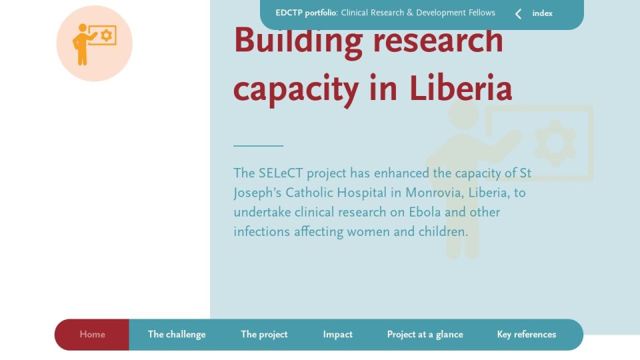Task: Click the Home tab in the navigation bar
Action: (92, 334)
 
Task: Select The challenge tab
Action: (177, 334)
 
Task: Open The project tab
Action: (264, 334)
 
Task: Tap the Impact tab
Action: (337, 334)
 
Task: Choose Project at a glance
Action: (425, 334)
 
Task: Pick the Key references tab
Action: (527, 334)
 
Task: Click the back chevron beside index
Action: (518, 14)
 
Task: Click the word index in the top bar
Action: (542, 13)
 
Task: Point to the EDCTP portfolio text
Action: (306, 13)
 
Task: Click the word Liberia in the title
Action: (461, 89)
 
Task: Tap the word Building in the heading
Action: (299, 41)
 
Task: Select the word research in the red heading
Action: (438, 41)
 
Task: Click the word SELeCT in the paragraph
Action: (281, 173)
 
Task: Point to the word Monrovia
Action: (434, 193)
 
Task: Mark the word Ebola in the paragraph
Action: (425, 212)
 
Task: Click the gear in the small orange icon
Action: (107, 35)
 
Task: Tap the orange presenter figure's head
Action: (83, 28)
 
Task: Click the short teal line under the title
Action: (259, 146)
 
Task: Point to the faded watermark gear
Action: (555, 143)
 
